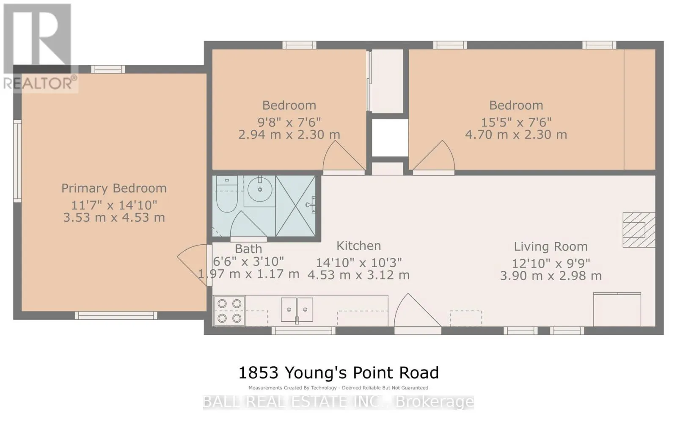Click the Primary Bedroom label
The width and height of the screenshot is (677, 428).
(114, 188)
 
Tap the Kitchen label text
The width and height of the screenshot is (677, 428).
(359, 246)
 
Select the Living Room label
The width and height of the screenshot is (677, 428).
(550, 246)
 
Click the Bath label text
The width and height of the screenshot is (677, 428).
(248, 249)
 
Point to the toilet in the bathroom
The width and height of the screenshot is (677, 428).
(227, 193)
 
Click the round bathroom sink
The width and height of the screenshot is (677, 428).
(260, 190)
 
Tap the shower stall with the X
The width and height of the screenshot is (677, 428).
(296, 206)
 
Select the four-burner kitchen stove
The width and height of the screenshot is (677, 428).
(229, 311)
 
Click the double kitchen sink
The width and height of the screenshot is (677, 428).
(297, 310)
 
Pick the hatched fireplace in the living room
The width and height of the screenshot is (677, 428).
(638, 230)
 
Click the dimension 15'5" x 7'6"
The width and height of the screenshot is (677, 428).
(516, 122)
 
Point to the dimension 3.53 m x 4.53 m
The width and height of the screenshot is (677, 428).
(114, 218)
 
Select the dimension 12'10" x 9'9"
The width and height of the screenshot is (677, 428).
(550, 263)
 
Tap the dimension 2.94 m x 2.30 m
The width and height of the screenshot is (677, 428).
(289, 135)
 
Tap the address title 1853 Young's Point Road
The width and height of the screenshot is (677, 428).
(338, 373)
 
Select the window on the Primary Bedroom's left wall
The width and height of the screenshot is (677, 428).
(17, 161)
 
